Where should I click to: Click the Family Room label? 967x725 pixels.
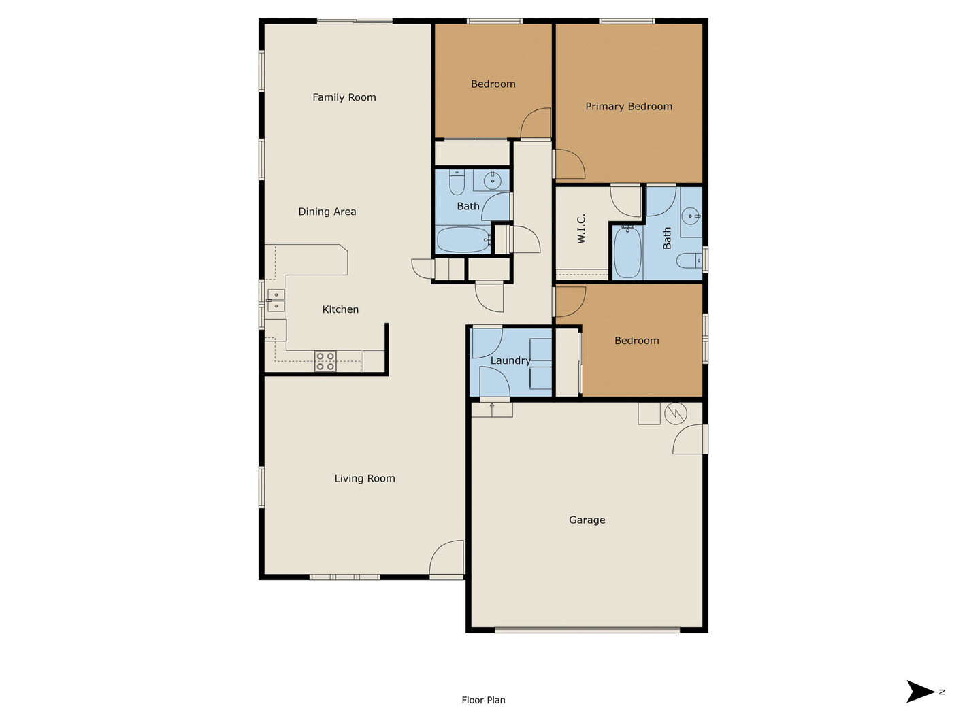pos(344,97)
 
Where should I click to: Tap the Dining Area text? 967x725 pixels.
pos(327,212)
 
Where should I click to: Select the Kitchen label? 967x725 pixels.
pos(340,309)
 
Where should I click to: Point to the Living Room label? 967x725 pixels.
pos(364,479)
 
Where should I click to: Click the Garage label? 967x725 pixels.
pos(587,520)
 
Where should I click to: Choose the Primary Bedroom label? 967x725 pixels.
pos(629,107)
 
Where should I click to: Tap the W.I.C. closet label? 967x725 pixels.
pos(581,229)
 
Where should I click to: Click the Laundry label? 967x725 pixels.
pos(510,360)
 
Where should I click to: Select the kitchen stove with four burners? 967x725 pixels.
pos(325,361)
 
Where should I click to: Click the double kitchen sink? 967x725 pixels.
pos(276,300)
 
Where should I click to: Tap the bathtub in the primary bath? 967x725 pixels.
pos(627,252)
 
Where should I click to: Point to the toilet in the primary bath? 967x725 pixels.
pos(689,260)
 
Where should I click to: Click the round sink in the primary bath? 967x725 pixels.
pos(690,216)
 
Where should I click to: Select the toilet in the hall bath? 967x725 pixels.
pos(457,183)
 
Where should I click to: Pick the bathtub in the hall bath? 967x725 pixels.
pos(463,240)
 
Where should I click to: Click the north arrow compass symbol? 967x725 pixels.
pos(920,692)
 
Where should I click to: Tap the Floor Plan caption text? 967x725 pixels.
pos(483,700)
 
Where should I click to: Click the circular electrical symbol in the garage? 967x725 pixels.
pos(675,414)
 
